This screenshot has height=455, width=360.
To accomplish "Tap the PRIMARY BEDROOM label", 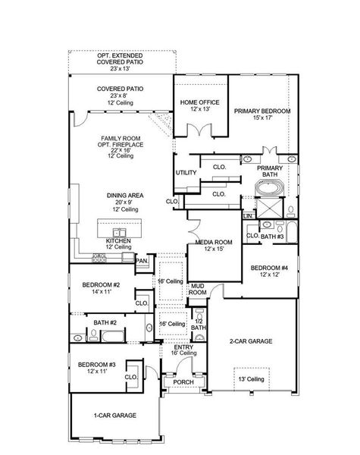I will tap(261, 110).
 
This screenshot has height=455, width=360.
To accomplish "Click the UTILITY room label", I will tap(186, 173).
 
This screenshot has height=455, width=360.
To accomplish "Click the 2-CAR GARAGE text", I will tap(252, 341).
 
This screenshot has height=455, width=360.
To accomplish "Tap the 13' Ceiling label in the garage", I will tap(251, 379).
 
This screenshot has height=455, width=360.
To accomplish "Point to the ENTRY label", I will tap(183, 347).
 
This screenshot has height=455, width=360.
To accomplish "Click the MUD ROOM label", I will tap(198, 289).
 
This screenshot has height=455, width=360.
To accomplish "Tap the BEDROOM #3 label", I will tap(97, 366).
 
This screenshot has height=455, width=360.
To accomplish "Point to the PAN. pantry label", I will tap(142, 262).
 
